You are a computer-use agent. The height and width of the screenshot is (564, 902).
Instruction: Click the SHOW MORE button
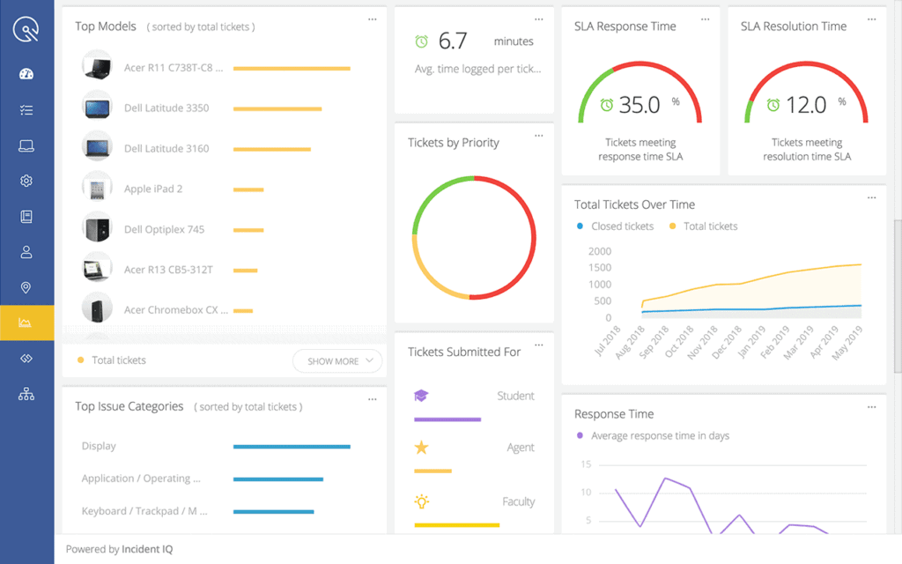[337, 360]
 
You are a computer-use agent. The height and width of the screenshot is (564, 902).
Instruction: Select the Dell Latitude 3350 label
[166, 108]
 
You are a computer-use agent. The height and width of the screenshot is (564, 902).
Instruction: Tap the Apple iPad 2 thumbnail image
[96, 189]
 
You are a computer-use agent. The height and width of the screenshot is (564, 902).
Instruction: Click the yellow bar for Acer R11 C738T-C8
[292, 68]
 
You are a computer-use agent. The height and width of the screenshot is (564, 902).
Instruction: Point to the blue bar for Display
[292, 447]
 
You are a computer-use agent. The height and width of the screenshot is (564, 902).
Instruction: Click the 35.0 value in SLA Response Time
[640, 105]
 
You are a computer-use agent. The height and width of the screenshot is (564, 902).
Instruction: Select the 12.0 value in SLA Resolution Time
[805, 105]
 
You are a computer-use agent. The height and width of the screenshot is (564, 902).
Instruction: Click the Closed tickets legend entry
[616, 226]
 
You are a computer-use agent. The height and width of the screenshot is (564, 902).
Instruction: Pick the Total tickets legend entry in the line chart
[704, 226]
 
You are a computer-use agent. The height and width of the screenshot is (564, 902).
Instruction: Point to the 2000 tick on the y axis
[600, 251]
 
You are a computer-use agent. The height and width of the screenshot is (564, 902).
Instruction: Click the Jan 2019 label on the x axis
[746, 338]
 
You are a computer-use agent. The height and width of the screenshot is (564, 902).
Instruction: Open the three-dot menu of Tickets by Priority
[539, 136]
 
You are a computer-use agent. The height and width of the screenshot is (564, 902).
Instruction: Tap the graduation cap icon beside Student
[421, 396]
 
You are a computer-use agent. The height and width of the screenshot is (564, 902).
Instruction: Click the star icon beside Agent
[421, 448]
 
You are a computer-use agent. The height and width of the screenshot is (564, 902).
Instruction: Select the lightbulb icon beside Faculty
[421, 501]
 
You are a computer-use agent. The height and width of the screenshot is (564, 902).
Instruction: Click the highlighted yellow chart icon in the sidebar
[26, 323]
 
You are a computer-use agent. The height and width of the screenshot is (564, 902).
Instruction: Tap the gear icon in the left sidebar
[26, 181]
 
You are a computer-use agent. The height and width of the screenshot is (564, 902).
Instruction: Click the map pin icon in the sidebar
[26, 287]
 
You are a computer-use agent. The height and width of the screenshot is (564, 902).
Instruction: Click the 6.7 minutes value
[453, 41]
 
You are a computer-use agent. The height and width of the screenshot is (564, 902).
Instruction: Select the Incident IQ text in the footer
[148, 549]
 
